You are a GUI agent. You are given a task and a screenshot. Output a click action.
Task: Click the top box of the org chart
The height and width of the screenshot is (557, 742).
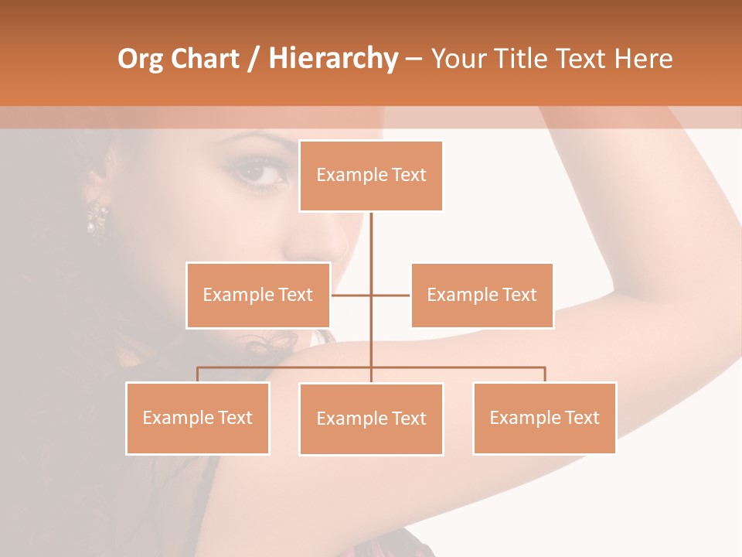(x=371, y=176)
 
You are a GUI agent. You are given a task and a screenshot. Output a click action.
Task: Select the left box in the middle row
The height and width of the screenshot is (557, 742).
(x=258, y=295)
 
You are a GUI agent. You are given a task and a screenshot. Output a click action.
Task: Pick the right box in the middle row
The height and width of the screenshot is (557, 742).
(x=482, y=295)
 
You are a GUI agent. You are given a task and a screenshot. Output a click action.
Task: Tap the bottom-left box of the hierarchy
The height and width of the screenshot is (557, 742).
(x=198, y=418)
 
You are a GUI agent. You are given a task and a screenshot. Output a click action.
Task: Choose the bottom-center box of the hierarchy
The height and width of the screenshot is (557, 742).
(x=371, y=419)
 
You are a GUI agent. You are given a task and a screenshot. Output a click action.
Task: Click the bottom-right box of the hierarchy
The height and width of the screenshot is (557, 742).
(x=544, y=418)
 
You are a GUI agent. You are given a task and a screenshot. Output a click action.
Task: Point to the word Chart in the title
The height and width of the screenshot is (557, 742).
(x=205, y=59)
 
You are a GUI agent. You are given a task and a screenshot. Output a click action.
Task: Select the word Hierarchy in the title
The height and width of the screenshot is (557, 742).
(x=333, y=59)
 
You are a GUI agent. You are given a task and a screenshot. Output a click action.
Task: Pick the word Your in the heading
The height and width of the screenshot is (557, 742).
(x=459, y=59)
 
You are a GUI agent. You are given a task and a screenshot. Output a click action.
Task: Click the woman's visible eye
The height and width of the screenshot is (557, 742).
(x=260, y=171)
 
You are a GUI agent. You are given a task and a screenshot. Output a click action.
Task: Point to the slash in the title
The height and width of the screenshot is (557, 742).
(x=254, y=59)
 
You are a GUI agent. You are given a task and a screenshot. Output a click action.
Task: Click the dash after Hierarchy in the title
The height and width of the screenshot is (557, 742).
(x=414, y=59)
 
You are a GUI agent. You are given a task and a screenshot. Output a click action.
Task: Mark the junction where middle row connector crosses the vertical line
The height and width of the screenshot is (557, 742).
(x=371, y=295)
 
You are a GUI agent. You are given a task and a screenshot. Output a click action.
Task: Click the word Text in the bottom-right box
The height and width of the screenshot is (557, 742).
(x=582, y=418)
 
